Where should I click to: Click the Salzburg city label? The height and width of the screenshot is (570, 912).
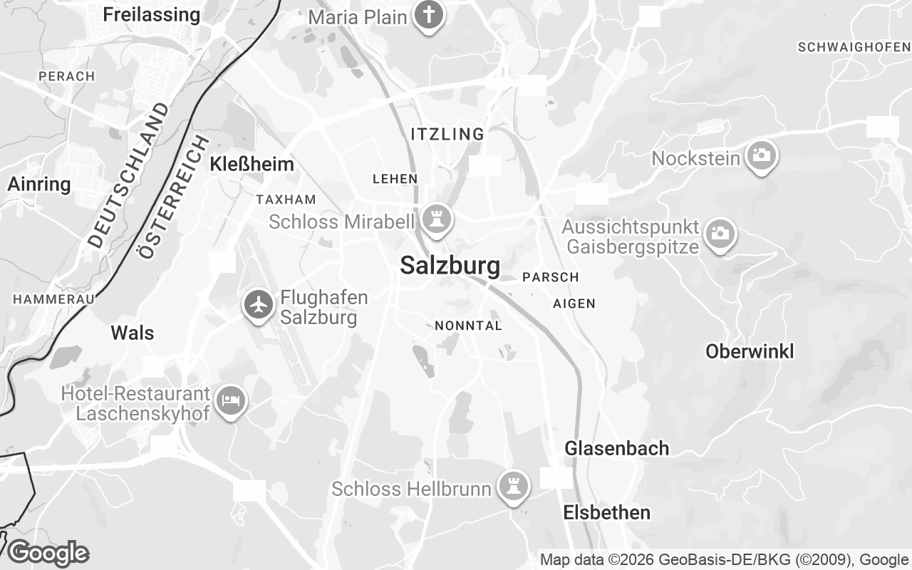(450, 266)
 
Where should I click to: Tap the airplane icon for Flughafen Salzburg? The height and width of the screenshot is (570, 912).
(259, 305)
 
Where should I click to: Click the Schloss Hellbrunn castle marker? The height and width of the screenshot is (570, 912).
(512, 487)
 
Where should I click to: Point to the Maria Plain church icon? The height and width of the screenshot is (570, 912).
(427, 15)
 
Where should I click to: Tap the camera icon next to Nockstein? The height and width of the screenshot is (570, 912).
(761, 155)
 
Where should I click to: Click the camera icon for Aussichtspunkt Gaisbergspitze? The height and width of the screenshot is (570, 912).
(720, 233)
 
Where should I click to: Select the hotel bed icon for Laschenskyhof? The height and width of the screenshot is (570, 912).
(230, 400)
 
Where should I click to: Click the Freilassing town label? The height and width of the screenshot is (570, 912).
(151, 14)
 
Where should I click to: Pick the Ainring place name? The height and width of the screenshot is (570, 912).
(39, 185)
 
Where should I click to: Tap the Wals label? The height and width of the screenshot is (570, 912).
(133, 333)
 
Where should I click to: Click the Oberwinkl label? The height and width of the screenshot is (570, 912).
(750, 351)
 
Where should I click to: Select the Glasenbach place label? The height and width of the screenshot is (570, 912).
(616, 448)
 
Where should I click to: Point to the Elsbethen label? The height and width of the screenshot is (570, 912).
(606, 512)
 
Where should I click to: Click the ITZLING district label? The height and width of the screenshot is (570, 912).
(447, 134)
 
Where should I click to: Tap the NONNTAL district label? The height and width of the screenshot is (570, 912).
(468, 326)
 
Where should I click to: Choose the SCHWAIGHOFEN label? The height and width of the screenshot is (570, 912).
(854, 47)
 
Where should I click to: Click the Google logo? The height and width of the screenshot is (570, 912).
(48, 553)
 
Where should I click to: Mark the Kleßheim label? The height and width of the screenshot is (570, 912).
(252, 165)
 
